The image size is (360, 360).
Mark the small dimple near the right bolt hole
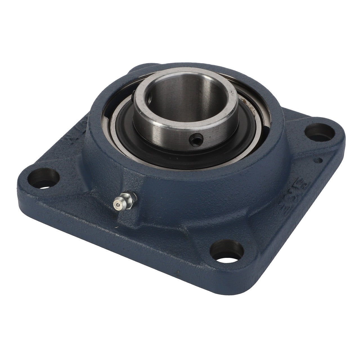tap(319, 161)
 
